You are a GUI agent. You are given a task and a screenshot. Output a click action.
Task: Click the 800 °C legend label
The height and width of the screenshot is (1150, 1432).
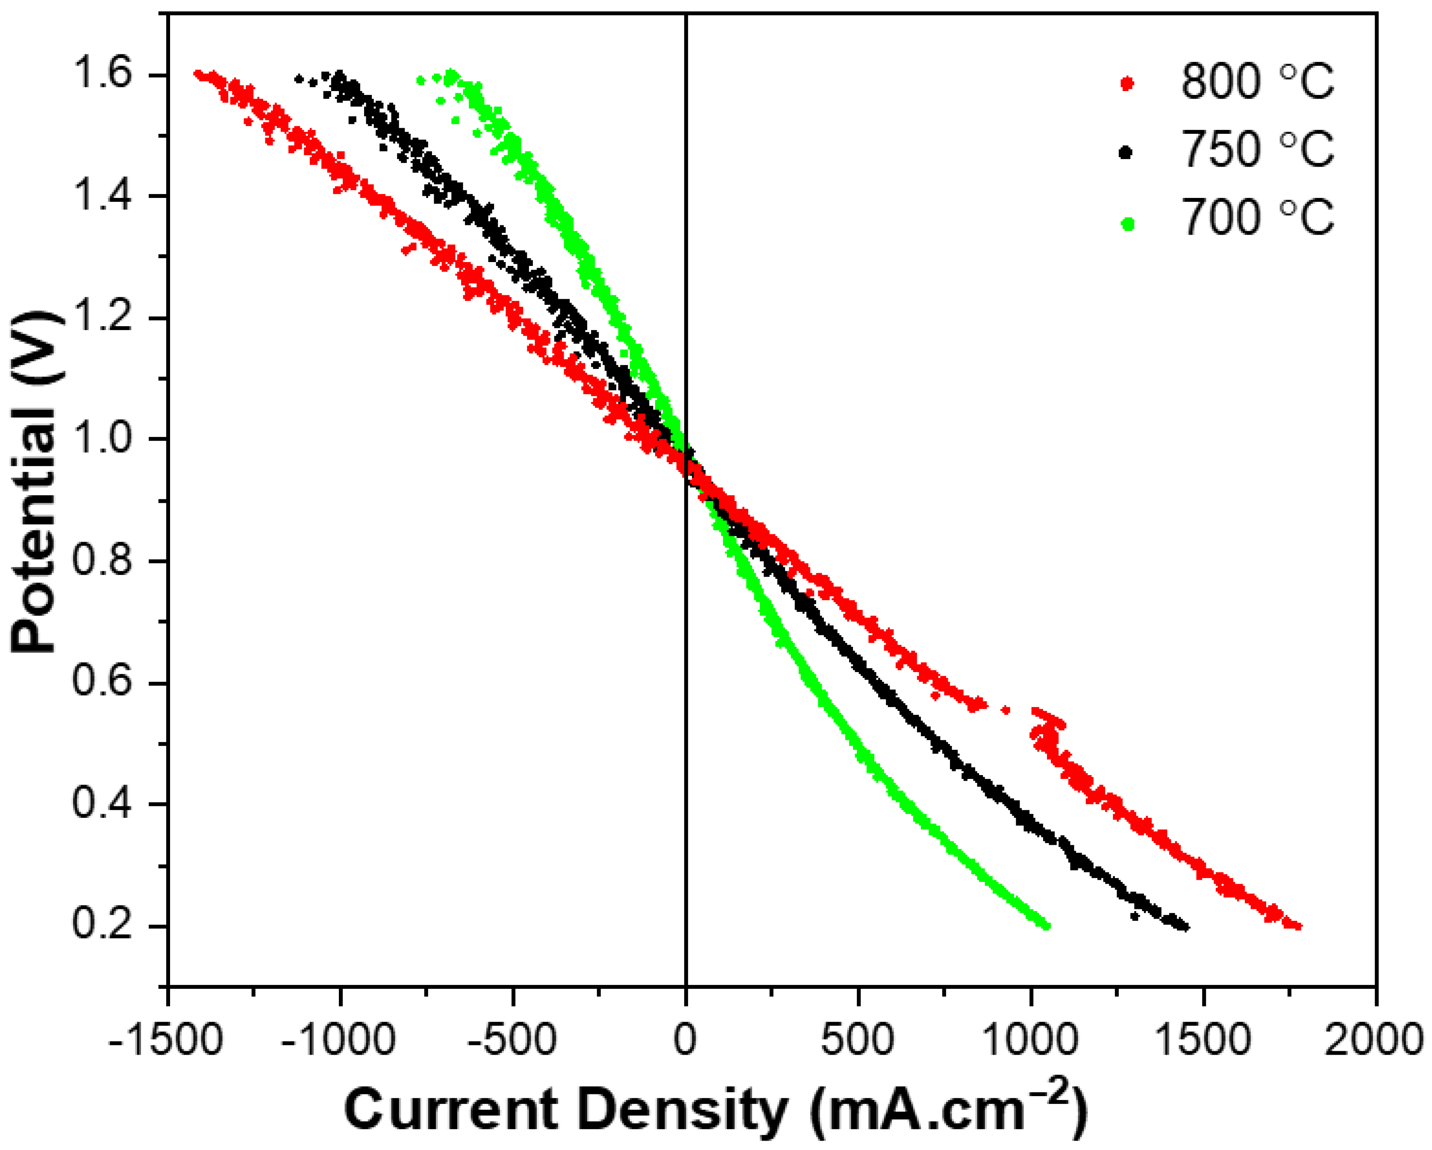click(1257, 83)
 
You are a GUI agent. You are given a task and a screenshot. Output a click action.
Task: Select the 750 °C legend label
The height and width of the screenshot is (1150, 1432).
click(1257, 150)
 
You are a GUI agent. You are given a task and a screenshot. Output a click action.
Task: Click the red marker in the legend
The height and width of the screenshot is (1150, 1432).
click(1127, 84)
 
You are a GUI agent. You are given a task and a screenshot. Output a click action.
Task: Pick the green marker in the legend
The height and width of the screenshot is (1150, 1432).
click(1127, 224)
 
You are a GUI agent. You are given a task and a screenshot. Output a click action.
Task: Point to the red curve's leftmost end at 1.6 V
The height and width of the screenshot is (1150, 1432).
click(197, 74)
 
